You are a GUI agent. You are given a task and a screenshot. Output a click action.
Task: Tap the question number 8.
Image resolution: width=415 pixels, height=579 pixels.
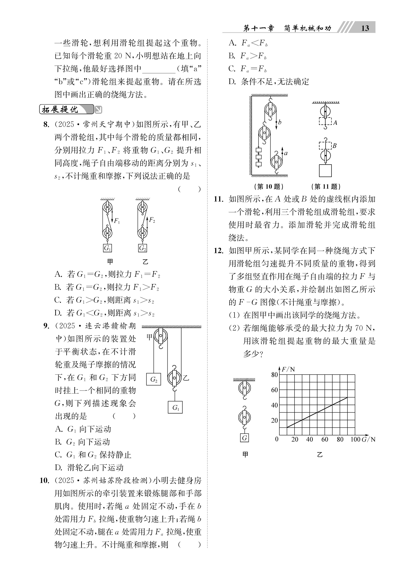[x=46, y=125]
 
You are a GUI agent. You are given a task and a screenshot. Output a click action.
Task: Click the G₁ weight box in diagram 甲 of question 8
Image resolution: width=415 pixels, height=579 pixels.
[x=107, y=248]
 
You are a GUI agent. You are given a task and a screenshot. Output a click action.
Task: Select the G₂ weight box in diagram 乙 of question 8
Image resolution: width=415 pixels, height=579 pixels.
[x=143, y=248]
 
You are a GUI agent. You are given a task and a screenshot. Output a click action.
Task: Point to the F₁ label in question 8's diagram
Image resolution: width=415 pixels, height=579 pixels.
[x=117, y=221]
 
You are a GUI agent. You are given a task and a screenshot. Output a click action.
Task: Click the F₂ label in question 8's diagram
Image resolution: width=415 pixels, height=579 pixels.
[x=152, y=220]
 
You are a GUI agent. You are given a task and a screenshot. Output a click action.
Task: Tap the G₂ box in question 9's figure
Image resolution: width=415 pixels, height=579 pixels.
[x=154, y=379]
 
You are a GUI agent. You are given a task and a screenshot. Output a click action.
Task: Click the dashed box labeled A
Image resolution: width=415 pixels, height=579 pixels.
[x=325, y=121]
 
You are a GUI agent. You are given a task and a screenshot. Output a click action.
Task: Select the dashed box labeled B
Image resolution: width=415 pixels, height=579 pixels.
[x=325, y=145]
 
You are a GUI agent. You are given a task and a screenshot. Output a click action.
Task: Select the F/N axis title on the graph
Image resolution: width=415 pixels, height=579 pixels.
[x=288, y=369]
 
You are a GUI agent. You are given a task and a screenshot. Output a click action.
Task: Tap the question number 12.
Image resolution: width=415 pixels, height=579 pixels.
[x=219, y=250]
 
